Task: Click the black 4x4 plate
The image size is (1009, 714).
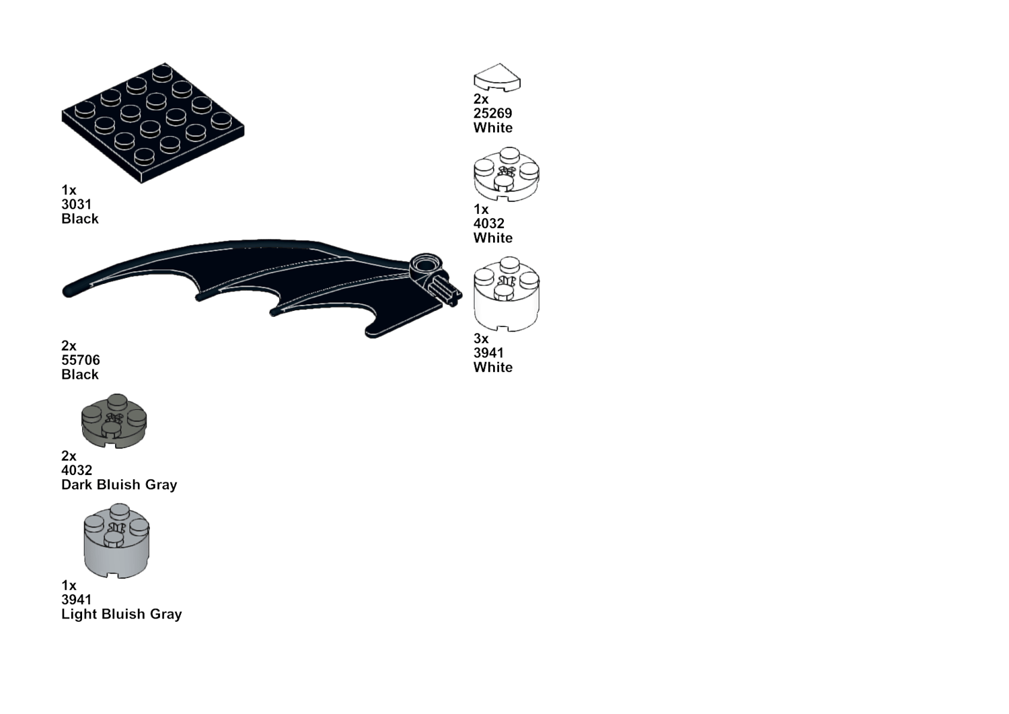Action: tap(153, 125)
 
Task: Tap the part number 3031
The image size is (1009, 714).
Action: tap(76, 205)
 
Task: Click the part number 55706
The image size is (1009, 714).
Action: tap(80, 360)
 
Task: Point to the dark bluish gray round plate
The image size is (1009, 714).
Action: tap(114, 422)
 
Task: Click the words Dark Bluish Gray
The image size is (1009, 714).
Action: tap(119, 485)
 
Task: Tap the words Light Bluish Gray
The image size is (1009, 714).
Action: tap(121, 614)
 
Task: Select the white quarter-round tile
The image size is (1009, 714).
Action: tap(497, 77)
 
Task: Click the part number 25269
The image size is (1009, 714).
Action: tap(492, 113)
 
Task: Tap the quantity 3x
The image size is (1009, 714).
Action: tap(480, 338)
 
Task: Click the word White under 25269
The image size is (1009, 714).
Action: tap(492, 128)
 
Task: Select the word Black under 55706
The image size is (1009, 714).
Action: tap(80, 375)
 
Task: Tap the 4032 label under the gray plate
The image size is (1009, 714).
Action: tap(76, 470)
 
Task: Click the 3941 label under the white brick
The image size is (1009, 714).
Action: tap(488, 353)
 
